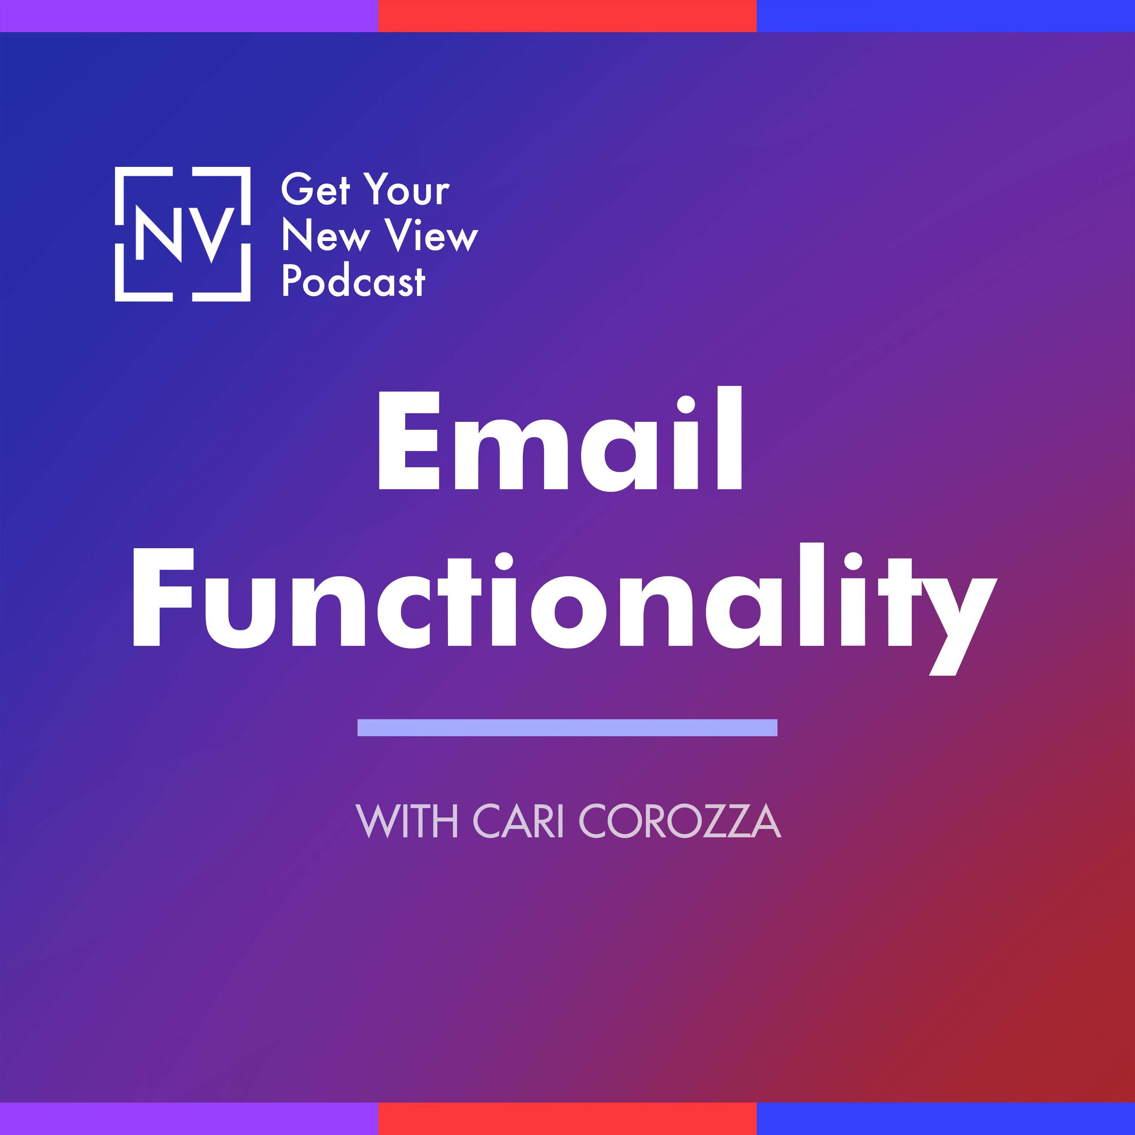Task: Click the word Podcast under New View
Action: point(353,280)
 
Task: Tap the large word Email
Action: point(560,438)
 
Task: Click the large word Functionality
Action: point(564,609)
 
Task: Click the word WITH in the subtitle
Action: point(407,821)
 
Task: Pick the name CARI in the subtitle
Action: point(518,821)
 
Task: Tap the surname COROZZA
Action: point(680,821)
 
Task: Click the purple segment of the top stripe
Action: point(189,16)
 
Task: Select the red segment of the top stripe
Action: point(567,16)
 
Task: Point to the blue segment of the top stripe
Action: point(946,16)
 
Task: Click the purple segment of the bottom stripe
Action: point(189,1119)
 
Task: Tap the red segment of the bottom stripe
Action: point(567,1119)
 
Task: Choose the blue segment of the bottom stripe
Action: point(946,1119)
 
